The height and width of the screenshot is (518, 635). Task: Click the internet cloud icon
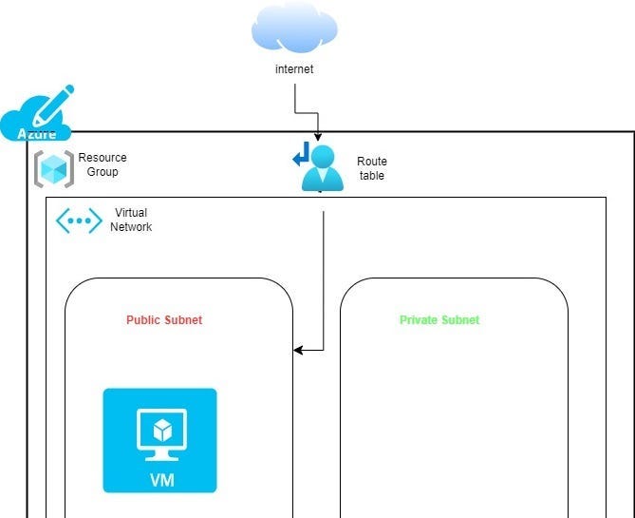coord(294,29)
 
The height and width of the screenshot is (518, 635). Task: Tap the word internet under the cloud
coord(294,69)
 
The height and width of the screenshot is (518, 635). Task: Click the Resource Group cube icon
coord(54,168)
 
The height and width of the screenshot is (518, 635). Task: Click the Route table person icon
coord(322,169)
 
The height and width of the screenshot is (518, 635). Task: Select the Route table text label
coord(372,168)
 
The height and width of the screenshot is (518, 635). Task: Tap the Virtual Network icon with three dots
coord(79,221)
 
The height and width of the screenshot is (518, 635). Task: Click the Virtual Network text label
coord(131,220)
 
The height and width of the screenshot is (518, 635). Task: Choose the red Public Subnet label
coord(164,320)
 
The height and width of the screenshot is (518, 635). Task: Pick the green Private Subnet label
coord(439,320)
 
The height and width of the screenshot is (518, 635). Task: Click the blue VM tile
coord(159,440)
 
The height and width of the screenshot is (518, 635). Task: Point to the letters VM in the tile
coord(160,480)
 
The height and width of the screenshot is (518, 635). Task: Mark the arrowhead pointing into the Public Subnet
coord(298,350)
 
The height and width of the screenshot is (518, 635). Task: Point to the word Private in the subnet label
coord(418,320)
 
